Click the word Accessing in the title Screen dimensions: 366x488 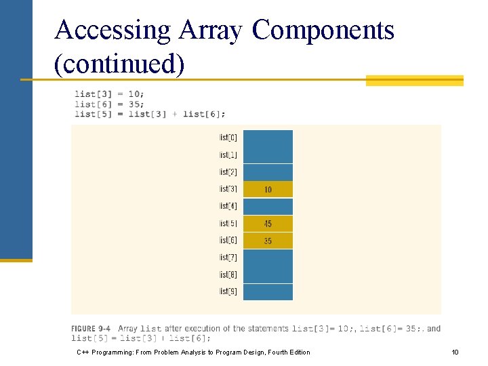tap(112, 30)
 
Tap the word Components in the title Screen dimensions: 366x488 tap(323, 30)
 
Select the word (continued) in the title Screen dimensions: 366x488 tap(119, 64)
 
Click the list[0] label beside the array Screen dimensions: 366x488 tap(228, 138)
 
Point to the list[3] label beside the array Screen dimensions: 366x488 tap(228, 189)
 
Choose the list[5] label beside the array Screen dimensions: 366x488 tap(228, 224)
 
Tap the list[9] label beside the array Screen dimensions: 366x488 tap(228, 291)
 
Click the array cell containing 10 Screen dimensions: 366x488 tap(268, 190)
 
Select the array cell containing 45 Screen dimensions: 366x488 tap(268, 224)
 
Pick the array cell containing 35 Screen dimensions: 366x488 tap(268, 241)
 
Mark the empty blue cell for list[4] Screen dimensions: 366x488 tap(268, 207)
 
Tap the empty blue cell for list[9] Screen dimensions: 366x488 tap(268, 292)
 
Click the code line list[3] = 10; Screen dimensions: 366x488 tap(109, 94)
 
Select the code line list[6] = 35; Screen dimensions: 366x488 tap(109, 104)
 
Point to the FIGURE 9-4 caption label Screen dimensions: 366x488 tap(92, 329)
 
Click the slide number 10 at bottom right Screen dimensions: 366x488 tap(455, 352)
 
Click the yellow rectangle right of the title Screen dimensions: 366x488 tap(414, 81)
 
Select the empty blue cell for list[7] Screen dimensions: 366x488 tap(268, 258)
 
